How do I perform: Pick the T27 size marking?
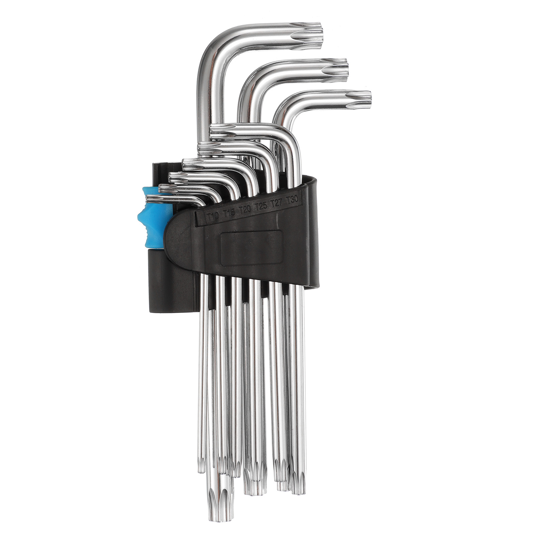(x=277, y=203)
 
